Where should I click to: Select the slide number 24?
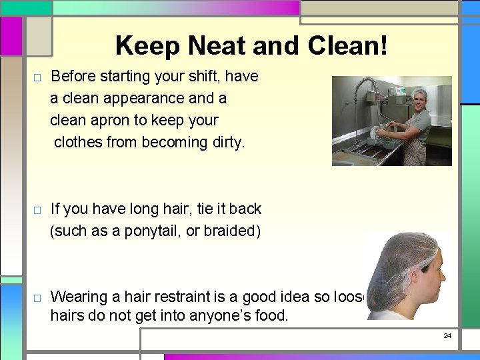(x=447, y=335)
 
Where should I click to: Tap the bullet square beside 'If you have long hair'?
(x=37, y=211)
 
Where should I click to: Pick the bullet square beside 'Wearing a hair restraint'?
(x=37, y=297)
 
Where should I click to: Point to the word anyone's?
(x=209, y=315)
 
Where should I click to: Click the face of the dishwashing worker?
(x=404, y=104)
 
